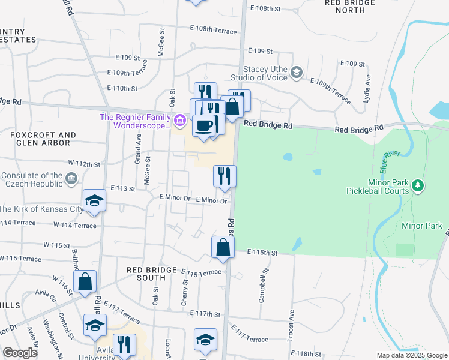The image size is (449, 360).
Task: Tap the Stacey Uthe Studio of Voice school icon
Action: pyautogui.click(x=296, y=73)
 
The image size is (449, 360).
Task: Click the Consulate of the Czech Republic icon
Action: pyautogui.click(x=71, y=178)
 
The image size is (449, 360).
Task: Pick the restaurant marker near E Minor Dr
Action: pyautogui.click(x=224, y=176)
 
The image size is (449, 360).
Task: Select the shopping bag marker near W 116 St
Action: pyautogui.click(x=85, y=281)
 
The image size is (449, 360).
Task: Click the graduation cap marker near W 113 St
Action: pyautogui.click(x=94, y=201)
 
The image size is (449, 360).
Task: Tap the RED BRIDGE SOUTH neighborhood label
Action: pyautogui.click(x=146, y=274)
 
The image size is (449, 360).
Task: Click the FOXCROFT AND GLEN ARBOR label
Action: pyautogui.click(x=43, y=139)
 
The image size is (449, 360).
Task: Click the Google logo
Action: pyautogui.click(x=20, y=353)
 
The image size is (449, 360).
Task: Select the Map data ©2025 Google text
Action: pyautogui.click(x=411, y=355)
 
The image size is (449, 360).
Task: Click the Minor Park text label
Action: pyautogui.click(x=420, y=226)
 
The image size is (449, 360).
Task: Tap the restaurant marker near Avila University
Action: pyautogui.click(x=124, y=344)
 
